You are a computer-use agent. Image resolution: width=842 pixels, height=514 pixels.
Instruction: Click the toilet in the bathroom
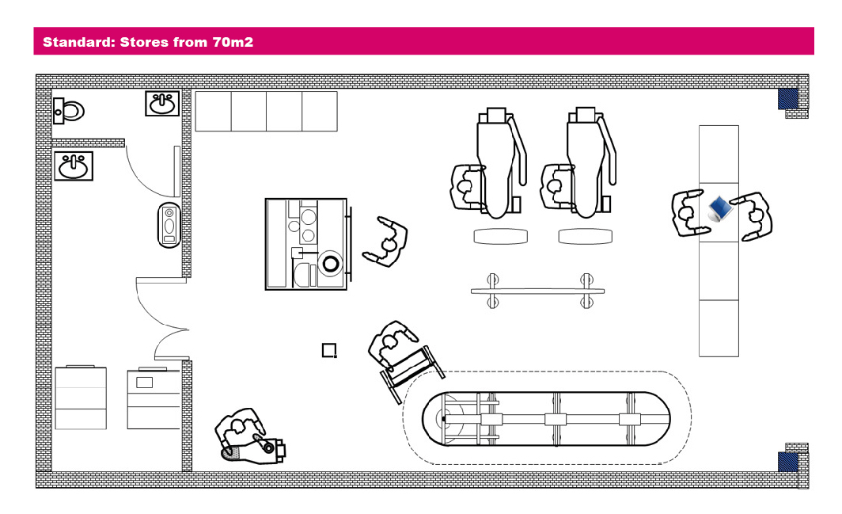point(69,110)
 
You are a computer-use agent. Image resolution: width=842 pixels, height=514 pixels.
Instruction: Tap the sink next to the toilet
point(162,103)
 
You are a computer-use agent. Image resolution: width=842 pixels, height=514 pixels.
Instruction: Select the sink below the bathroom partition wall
point(74,166)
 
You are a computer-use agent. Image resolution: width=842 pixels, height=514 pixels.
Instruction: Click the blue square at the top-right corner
point(787,98)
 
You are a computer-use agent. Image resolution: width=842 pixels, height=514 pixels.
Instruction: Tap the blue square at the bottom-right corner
point(787,462)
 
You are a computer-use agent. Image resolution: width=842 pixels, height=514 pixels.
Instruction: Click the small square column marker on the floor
point(329,350)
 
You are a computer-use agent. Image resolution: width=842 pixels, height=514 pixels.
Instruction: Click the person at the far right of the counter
point(755,214)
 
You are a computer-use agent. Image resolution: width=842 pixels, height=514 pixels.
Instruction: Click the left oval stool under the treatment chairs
point(500,236)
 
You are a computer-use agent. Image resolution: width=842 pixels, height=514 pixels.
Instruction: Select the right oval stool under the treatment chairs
point(585,236)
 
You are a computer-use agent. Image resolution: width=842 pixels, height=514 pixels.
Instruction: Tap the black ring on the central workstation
point(329,262)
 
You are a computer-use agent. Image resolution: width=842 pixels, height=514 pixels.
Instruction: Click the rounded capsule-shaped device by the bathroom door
point(169,225)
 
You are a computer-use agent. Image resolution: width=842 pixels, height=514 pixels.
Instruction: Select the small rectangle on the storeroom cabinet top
point(144,383)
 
